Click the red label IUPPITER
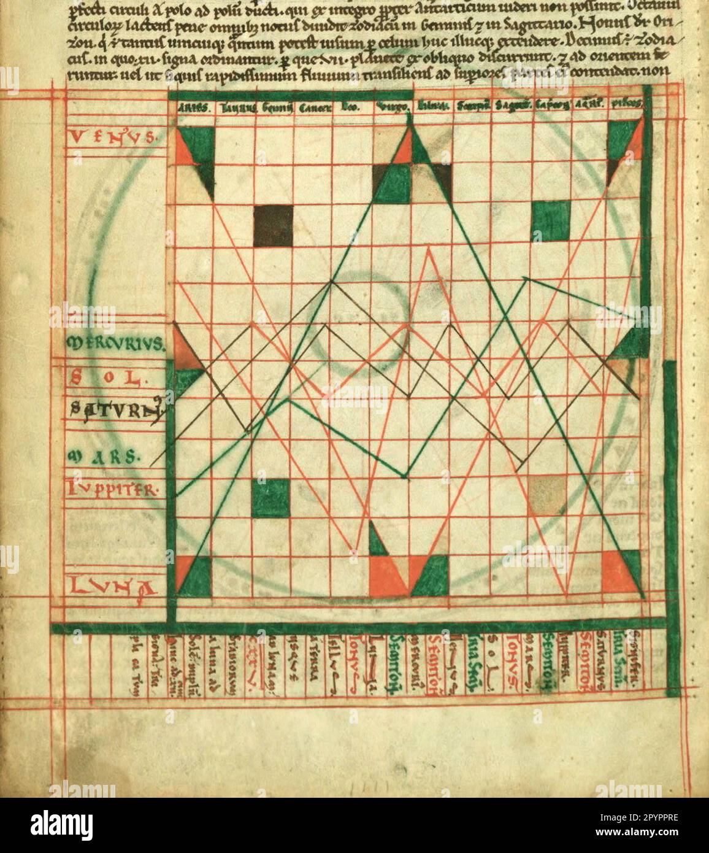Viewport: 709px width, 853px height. (115, 490)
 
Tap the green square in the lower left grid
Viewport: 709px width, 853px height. (270, 498)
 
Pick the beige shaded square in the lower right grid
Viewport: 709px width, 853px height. (546, 495)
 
